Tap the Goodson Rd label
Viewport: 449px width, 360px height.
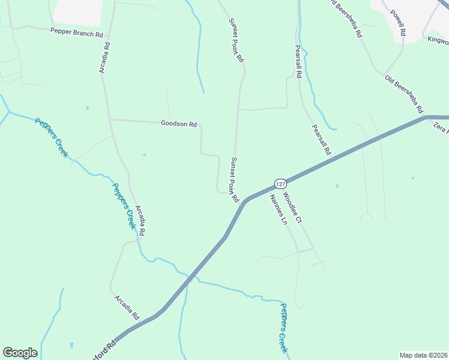pyautogui.click(x=179, y=124)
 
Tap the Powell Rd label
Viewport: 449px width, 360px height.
pyautogui.click(x=398, y=24)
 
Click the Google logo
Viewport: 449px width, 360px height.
pyautogui.click(x=20, y=353)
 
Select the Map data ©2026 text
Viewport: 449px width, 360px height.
pyautogui.click(x=423, y=355)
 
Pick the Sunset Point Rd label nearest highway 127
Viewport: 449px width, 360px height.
pyautogui.click(x=235, y=179)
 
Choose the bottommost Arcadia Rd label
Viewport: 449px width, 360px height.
pyautogui.click(x=127, y=307)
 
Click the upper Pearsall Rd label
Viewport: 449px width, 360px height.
pyautogui.click(x=297, y=62)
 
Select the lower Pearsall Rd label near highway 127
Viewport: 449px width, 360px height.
pyautogui.click(x=321, y=140)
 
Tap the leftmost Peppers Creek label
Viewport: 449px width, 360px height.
pyautogui.click(x=52, y=137)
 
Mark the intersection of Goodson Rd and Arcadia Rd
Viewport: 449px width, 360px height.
pyautogui.click(x=109, y=119)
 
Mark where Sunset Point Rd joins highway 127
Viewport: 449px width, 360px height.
pyautogui.click(x=244, y=202)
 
